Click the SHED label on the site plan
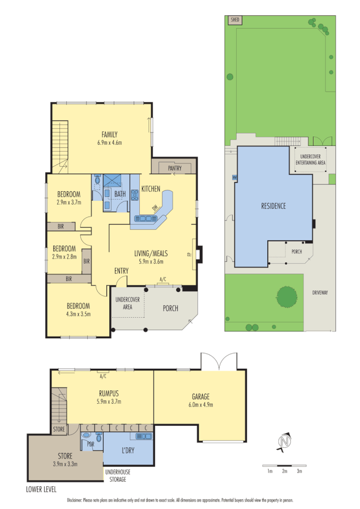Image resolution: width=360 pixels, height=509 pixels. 235,20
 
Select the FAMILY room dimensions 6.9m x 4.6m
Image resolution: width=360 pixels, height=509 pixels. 109,143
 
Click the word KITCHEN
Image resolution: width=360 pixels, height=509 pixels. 151,189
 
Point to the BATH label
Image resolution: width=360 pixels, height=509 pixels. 120,194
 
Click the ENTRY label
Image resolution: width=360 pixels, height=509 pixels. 122,271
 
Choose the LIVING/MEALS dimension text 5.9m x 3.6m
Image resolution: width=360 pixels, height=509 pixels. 151,261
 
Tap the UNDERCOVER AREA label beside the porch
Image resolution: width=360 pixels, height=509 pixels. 124,303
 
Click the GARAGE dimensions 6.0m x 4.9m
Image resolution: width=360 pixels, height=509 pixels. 199,405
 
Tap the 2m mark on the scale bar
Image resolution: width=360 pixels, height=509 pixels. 285,471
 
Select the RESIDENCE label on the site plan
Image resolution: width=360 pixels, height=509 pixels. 273,206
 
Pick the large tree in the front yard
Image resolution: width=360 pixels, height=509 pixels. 286,296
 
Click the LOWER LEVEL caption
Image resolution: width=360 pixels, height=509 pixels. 41,489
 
